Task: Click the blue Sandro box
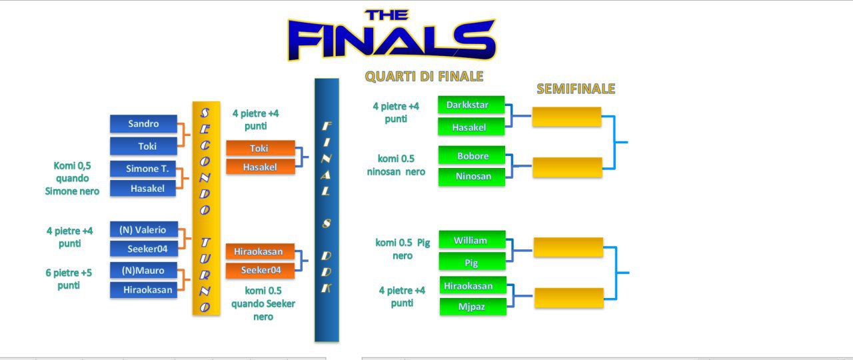pos(143,124)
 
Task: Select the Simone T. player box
pos(143,169)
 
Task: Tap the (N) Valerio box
pos(144,230)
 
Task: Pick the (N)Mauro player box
pos(143,271)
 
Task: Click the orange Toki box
pos(261,148)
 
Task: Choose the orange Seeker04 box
pos(260,271)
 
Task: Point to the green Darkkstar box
pos(471,105)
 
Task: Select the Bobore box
pos(472,155)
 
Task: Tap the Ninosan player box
pos(472,177)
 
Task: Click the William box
pos(472,240)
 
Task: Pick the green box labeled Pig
pos(472,262)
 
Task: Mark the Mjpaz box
pos(473,307)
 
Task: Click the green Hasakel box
pos(471,127)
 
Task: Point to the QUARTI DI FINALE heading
pos(424,76)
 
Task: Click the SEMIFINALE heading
pos(576,89)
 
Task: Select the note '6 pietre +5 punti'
pos(69,279)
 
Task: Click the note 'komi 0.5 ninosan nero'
pos(396,165)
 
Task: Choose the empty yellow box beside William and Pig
pos(568,247)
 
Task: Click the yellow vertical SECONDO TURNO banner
pos(207,209)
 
